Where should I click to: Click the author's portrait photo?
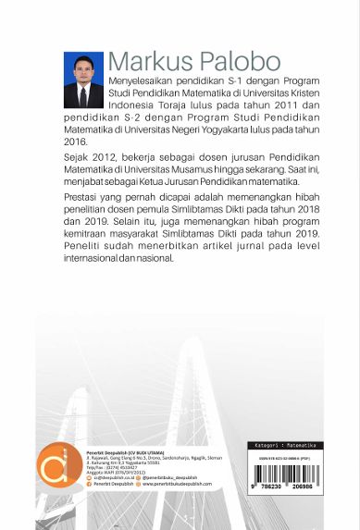click(83, 80)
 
